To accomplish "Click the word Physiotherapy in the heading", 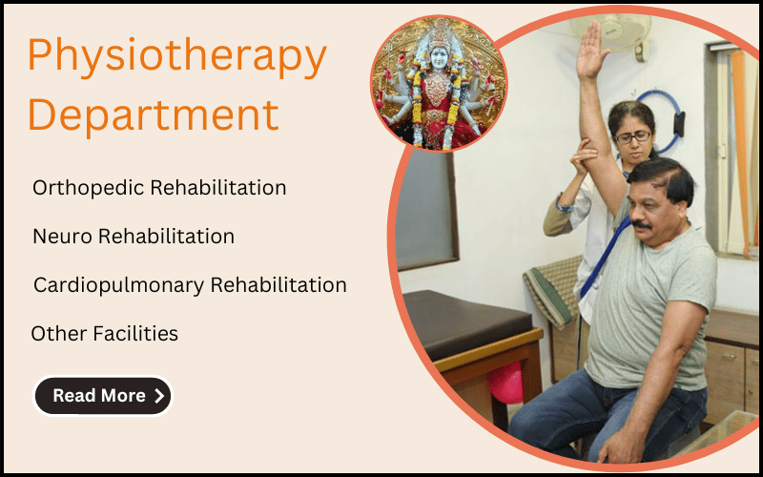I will (176, 57).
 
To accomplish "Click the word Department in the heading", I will (153, 114).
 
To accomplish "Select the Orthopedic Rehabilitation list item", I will (159, 188).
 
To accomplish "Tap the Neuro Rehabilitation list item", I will (133, 236).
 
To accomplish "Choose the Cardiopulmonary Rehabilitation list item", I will (190, 285).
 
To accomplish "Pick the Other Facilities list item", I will (104, 334).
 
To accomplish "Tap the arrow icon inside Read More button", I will (158, 396).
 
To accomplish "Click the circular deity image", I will (439, 84).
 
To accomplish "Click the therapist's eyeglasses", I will (633, 136).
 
